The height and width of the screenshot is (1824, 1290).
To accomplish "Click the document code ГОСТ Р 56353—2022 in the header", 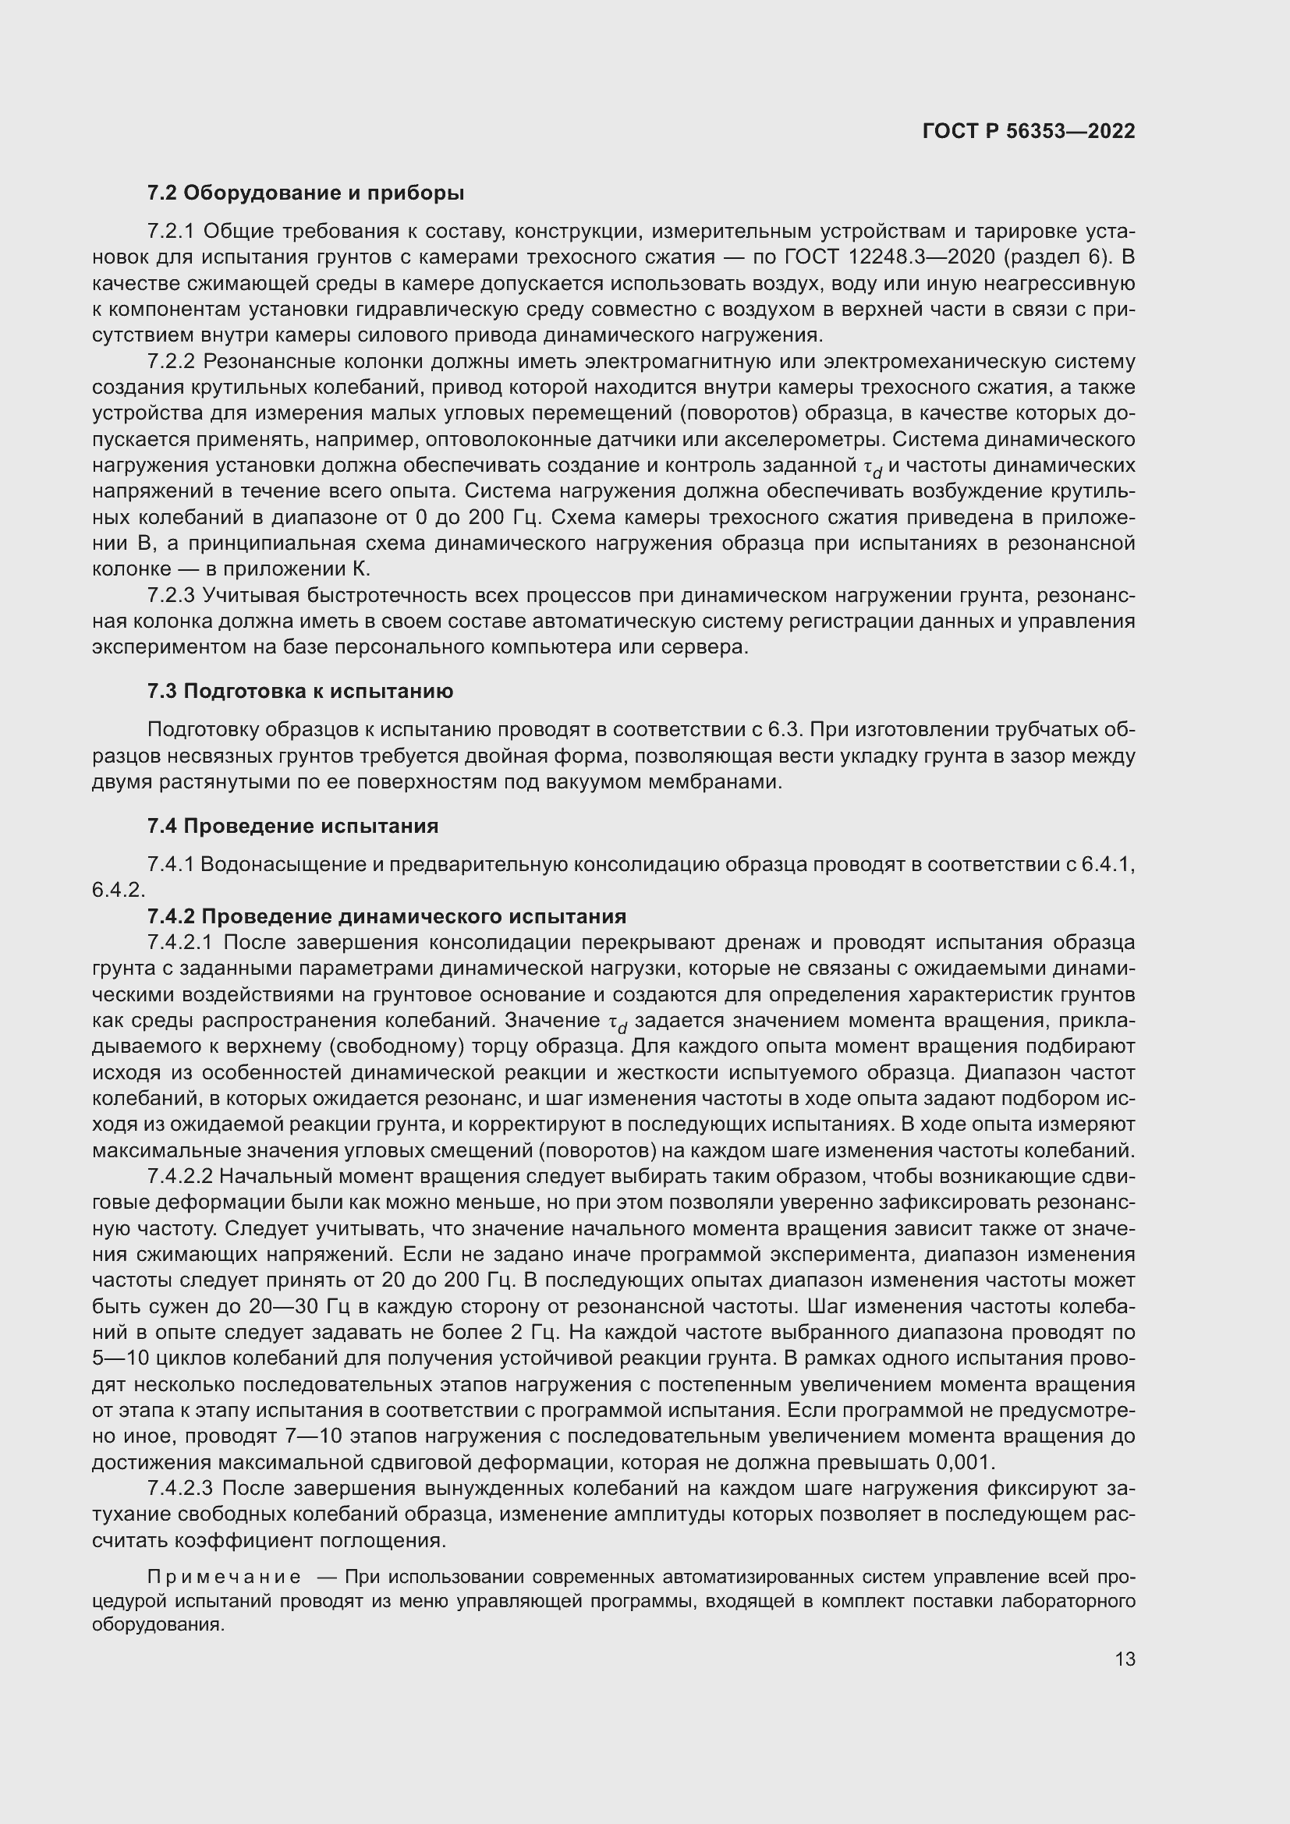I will (1029, 131).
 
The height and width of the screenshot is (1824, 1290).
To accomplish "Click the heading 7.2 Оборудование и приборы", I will (305, 193).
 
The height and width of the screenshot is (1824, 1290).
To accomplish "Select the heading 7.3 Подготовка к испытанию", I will (299, 691).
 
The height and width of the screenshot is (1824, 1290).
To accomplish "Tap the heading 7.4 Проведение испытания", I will (292, 826).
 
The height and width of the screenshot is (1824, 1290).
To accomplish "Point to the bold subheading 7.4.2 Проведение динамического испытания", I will (386, 916).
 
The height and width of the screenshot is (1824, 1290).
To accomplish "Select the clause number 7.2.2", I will (171, 362).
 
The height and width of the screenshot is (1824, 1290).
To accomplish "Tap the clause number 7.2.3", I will (171, 595).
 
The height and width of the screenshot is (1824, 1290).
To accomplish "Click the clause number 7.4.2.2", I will (180, 1177).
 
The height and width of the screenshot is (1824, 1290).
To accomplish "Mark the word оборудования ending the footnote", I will (158, 1624).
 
